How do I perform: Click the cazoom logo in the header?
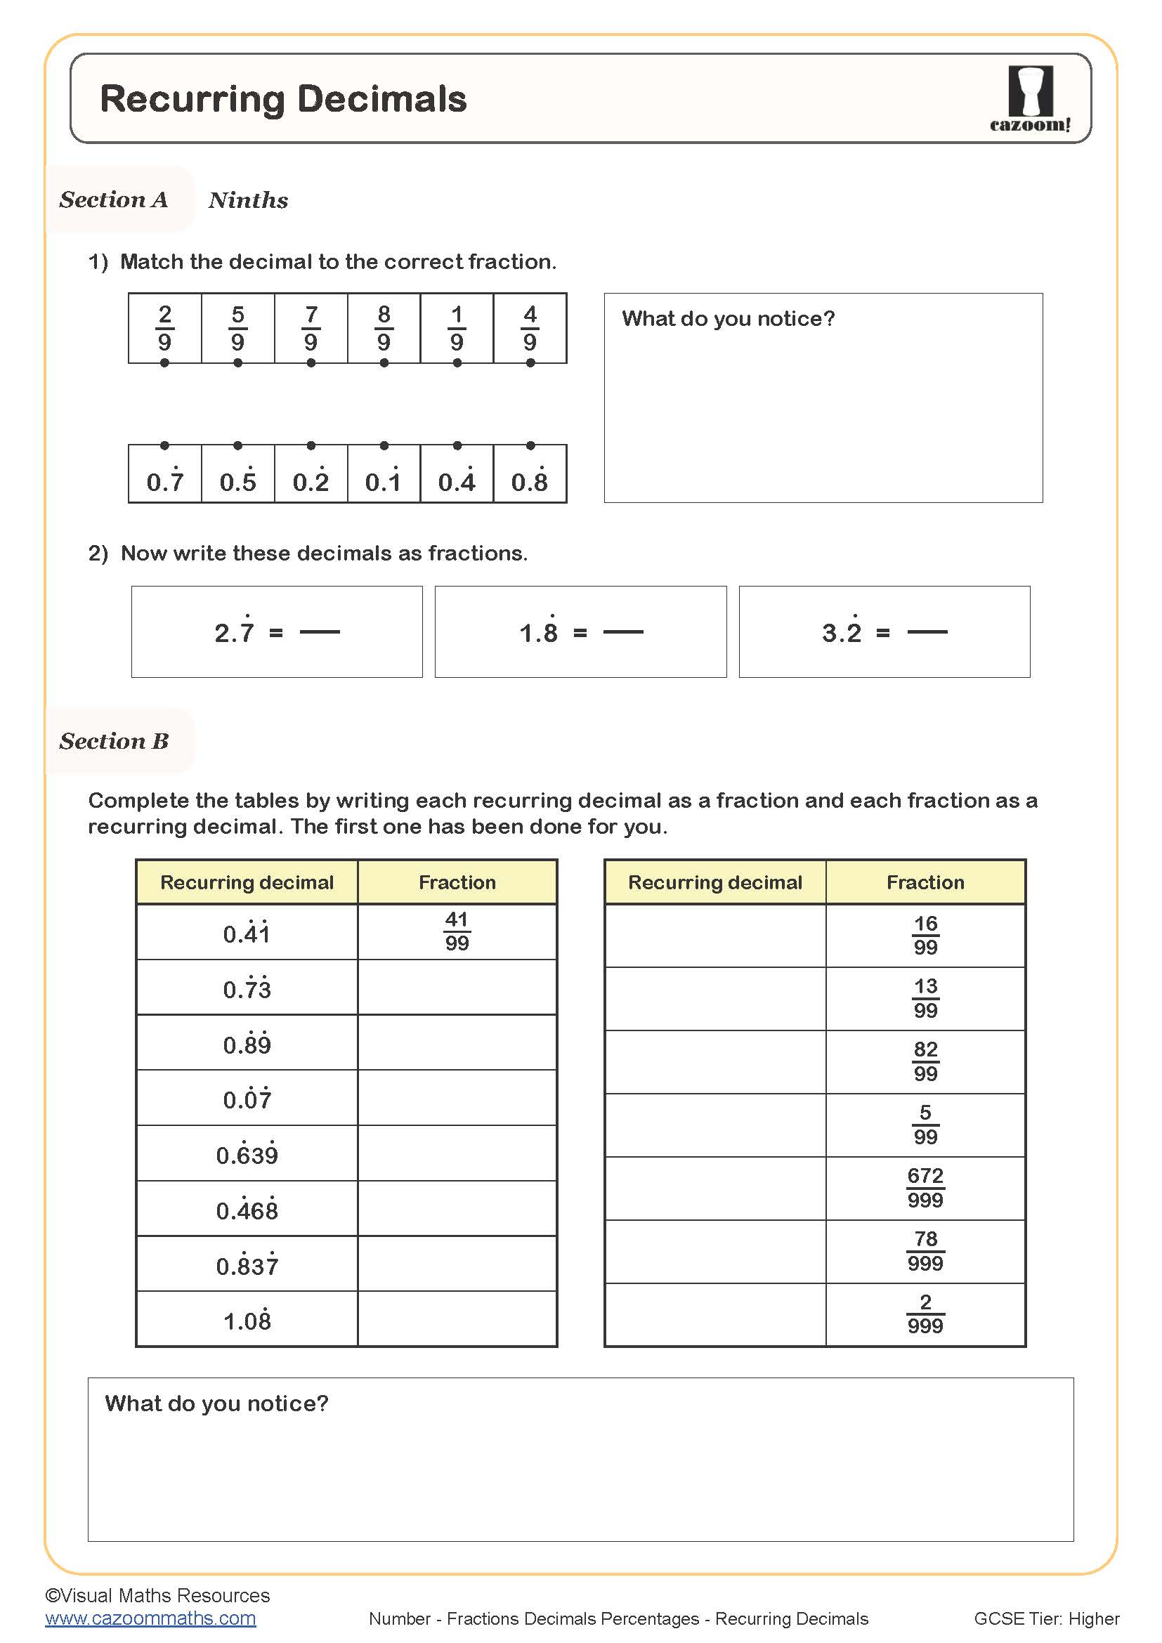point(1030,98)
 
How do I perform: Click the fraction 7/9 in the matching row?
point(311,328)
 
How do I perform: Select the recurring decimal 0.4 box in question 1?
point(457,480)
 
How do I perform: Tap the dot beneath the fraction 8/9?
point(384,362)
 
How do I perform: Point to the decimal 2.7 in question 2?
point(235,632)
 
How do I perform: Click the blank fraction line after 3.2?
point(927,632)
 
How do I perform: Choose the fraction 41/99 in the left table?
point(457,931)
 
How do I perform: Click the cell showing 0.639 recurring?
point(247,1153)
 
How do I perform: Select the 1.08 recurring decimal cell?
point(247,1320)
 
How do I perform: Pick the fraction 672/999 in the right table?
point(925,1188)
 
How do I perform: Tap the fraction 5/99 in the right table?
point(925,1125)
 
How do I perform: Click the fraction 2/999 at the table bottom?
point(925,1314)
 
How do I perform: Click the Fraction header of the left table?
point(457,882)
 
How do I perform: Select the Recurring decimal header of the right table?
point(714,882)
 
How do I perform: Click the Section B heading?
point(114,740)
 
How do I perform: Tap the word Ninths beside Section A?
point(248,199)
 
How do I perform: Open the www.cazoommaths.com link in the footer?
point(150,1618)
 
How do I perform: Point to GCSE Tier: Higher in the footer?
point(1046,1618)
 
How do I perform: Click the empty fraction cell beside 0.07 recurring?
point(457,1099)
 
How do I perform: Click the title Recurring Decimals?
point(282,99)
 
